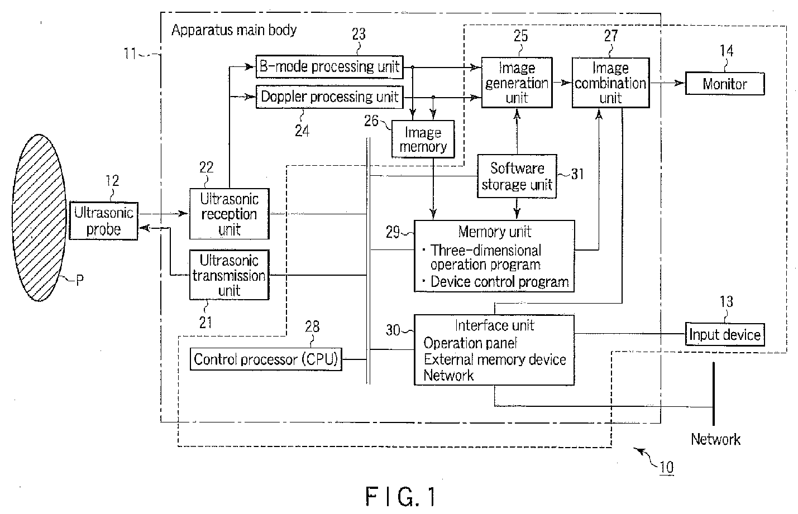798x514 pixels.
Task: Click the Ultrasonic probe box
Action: pyautogui.click(x=103, y=221)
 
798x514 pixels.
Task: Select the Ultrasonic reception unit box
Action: pyautogui.click(x=229, y=214)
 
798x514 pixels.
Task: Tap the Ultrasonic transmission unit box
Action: pyautogui.click(x=229, y=275)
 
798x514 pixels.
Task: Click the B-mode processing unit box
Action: pyautogui.click(x=329, y=67)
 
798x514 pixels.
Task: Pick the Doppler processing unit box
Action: pyautogui.click(x=329, y=97)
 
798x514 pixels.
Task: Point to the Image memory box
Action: pyautogui.click(x=423, y=140)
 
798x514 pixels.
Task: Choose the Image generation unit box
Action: pyautogui.click(x=517, y=83)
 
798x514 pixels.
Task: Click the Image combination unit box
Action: pyautogui.click(x=610, y=83)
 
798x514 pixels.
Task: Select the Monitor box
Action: pyautogui.click(x=725, y=84)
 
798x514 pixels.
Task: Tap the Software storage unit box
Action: pyautogui.click(x=517, y=176)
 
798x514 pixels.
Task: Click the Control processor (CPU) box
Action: pyautogui.click(x=266, y=359)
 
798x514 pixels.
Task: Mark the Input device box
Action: pyautogui.click(x=725, y=334)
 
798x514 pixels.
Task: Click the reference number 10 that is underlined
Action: pyautogui.click(x=666, y=467)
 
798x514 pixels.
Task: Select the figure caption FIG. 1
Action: pyautogui.click(x=400, y=496)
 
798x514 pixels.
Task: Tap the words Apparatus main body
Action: pyautogui.click(x=234, y=30)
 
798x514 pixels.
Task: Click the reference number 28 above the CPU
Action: pyautogui.click(x=312, y=326)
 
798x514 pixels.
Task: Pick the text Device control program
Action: pyautogui.click(x=499, y=282)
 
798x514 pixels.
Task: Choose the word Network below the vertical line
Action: pyautogui.click(x=715, y=439)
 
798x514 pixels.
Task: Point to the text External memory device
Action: pyautogui.click(x=495, y=359)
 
